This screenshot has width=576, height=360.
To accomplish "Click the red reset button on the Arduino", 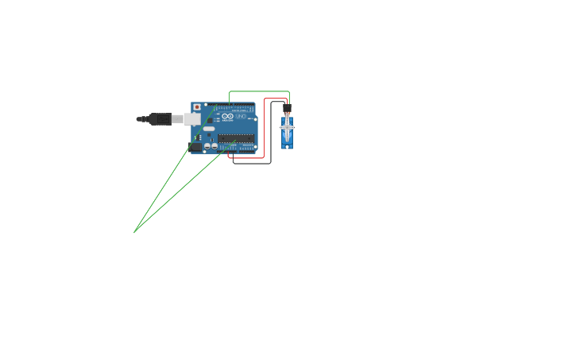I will (x=197, y=107).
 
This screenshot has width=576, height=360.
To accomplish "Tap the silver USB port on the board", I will (x=192, y=119).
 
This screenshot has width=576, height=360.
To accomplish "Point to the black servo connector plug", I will (x=287, y=109).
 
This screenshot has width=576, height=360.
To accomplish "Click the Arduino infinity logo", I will (x=228, y=118).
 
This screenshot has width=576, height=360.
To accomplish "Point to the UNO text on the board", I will (x=242, y=118).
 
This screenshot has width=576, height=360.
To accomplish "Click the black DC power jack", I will (x=195, y=147).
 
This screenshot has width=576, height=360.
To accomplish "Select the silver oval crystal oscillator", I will (x=209, y=129).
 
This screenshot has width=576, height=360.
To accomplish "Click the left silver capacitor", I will (x=207, y=146).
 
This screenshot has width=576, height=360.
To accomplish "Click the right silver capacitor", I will (x=215, y=146).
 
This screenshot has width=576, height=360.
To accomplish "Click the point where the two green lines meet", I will (x=134, y=232).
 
